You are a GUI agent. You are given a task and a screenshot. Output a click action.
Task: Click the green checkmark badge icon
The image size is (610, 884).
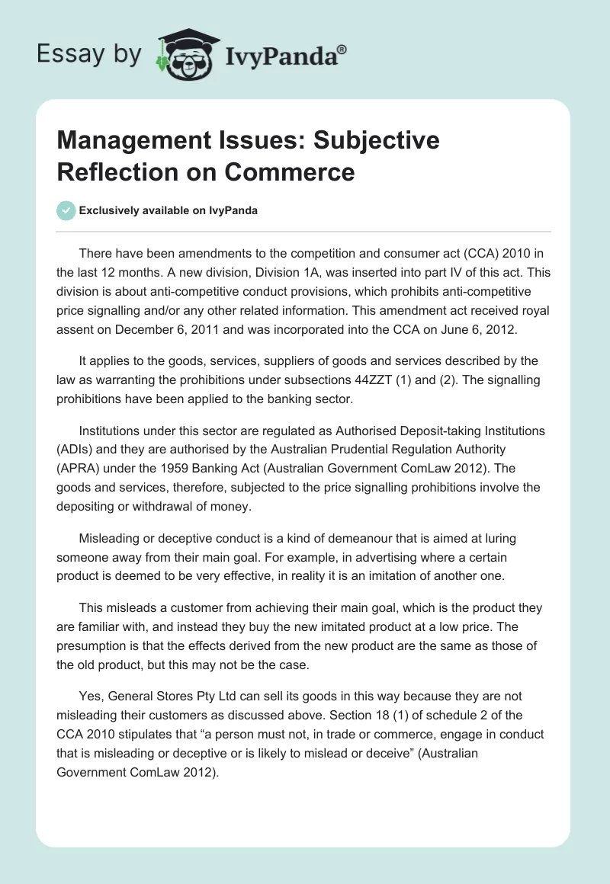[x=66, y=210]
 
